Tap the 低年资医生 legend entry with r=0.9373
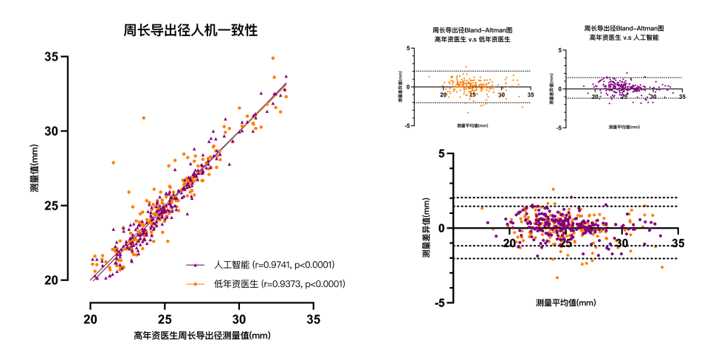coord(268,283)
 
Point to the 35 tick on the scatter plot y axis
coord(52,57)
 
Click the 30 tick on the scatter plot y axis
coord(52,131)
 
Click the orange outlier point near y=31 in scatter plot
coord(144,118)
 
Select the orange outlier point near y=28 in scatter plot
coord(113,162)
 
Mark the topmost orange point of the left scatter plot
coord(272,58)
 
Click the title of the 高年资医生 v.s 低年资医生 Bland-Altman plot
coord(473,34)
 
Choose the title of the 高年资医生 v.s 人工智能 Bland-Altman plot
coord(619,32)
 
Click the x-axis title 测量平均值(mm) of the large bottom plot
coord(565,303)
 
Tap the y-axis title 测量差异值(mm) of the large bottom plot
coord(427,228)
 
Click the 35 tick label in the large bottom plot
coord(677,243)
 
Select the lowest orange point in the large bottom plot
coord(557,278)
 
